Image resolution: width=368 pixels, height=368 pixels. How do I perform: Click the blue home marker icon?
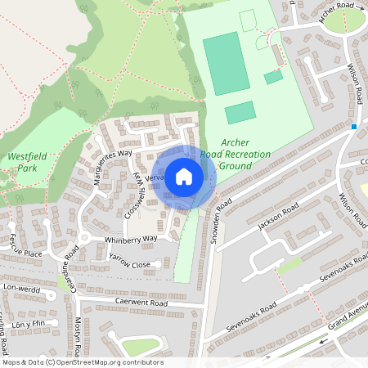184,176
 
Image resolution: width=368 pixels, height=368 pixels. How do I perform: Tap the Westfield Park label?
26,162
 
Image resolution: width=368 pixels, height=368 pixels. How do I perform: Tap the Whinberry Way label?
130,239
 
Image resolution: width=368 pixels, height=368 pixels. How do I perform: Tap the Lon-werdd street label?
21,288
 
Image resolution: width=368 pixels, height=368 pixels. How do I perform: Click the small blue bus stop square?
354,127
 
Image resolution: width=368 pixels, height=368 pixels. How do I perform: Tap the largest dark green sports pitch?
226,63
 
